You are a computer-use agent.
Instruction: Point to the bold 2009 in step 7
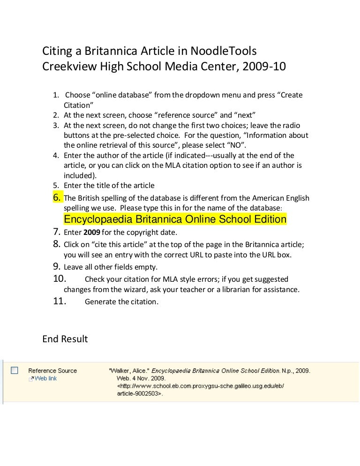click(92, 233)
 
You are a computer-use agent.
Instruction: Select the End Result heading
click(65, 338)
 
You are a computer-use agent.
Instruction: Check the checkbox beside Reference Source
click(15, 370)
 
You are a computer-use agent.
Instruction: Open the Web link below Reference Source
click(45, 378)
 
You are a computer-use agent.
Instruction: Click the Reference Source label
click(52, 370)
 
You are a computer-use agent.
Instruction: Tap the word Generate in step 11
click(101, 302)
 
